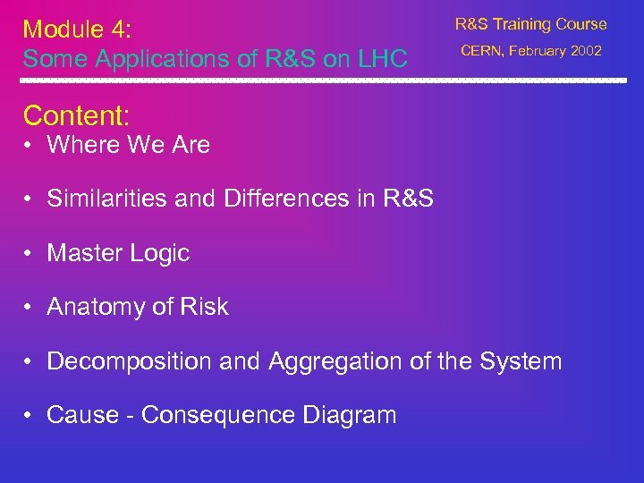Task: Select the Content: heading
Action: click(77, 115)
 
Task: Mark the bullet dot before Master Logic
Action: click(30, 254)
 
